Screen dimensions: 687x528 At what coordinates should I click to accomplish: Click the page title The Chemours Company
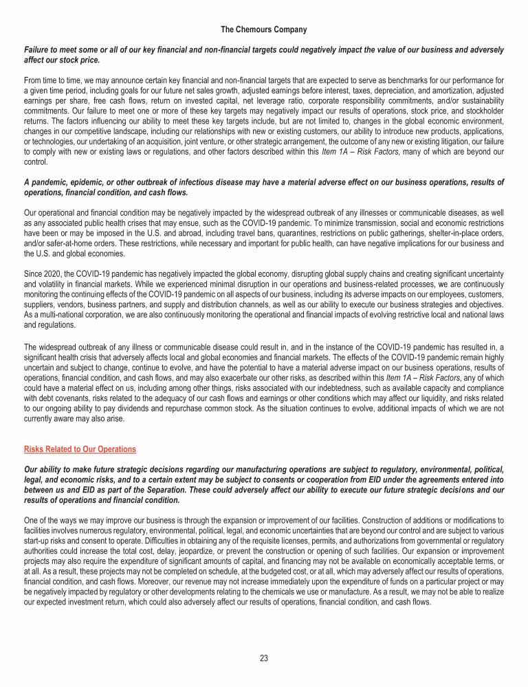[x=264, y=30]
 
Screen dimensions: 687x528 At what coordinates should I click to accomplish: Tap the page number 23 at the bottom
[x=264, y=658]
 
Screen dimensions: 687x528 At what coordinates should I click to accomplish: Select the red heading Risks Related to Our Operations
[x=80, y=449]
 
